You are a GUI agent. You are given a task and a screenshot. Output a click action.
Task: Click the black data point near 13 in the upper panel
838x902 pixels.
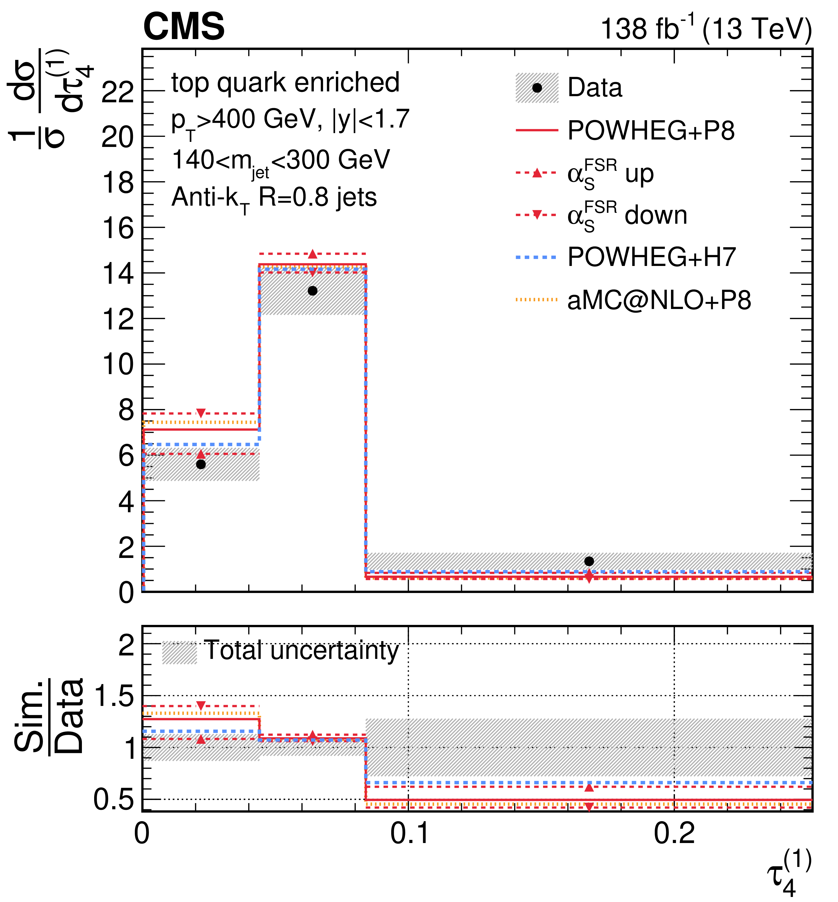[312, 291]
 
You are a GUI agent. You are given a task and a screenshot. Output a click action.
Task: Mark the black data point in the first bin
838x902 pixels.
[201, 464]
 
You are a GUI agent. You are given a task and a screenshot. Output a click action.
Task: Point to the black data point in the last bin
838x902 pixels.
[589, 561]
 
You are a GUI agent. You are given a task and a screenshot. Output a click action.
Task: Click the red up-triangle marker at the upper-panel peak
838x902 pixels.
[312, 254]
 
